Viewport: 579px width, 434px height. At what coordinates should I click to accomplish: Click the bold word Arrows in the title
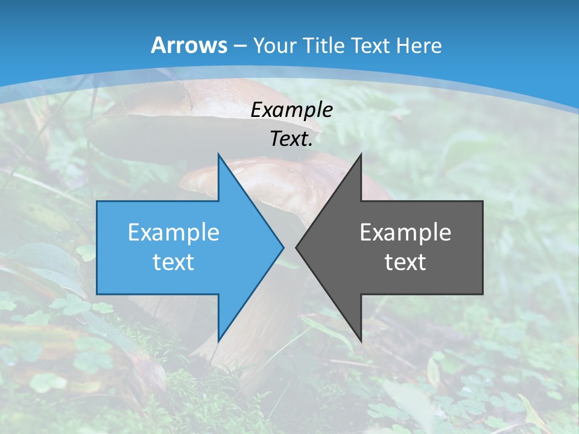coord(189,45)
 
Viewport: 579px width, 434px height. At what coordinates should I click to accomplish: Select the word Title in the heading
coord(327,46)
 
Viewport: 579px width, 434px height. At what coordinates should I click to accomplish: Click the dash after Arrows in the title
coord(240,46)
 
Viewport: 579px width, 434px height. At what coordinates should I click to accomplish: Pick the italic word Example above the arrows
coord(291,110)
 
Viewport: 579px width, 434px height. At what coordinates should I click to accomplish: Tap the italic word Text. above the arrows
coord(291,139)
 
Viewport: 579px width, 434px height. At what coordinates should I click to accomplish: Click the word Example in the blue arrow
coord(174,232)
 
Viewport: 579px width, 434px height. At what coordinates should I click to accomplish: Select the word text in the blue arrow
coord(174,262)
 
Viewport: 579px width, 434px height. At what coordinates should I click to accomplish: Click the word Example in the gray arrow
coord(405,232)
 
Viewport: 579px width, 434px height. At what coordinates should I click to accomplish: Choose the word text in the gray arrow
coord(405,262)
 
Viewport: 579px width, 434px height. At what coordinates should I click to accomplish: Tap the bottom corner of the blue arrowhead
coord(219,339)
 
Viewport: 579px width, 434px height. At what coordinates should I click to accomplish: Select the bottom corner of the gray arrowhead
coord(361,339)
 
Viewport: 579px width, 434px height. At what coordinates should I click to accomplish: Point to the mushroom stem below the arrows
coord(253,356)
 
